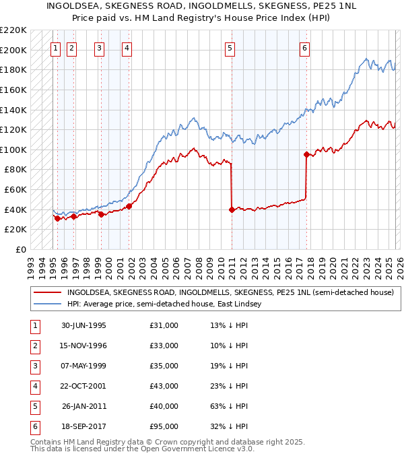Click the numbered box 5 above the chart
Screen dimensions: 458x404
[230, 48]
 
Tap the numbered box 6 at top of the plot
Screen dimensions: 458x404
[305, 48]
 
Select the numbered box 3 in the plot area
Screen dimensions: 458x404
[99, 48]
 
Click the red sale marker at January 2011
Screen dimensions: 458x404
[232, 209]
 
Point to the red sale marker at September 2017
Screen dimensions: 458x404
[306, 154]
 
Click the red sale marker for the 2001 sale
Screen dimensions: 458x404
[129, 206]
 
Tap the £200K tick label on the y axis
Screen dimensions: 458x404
[13, 50]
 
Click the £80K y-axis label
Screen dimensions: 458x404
[15, 170]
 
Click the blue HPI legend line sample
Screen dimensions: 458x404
[48, 304]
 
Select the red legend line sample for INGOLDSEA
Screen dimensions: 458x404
[48, 292]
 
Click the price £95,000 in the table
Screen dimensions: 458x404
[164, 426]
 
